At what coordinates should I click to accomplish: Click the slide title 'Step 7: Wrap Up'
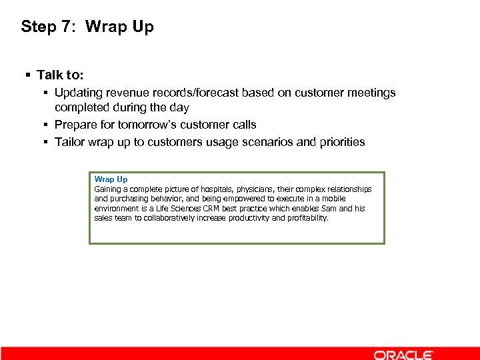pyautogui.click(x=87, y=27)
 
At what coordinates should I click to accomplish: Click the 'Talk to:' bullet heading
pyautogui.click(x=60, y=75)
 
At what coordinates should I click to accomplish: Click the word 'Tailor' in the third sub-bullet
pyautogui.click(x=69, y=141)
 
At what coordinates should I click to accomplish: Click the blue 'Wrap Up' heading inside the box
pyautogui.click(x=111, y=179)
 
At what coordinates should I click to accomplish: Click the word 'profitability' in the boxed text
pyautogui.click(x=307, y=218)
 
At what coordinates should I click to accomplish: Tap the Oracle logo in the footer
pyautogui.click(x=403, y=355)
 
